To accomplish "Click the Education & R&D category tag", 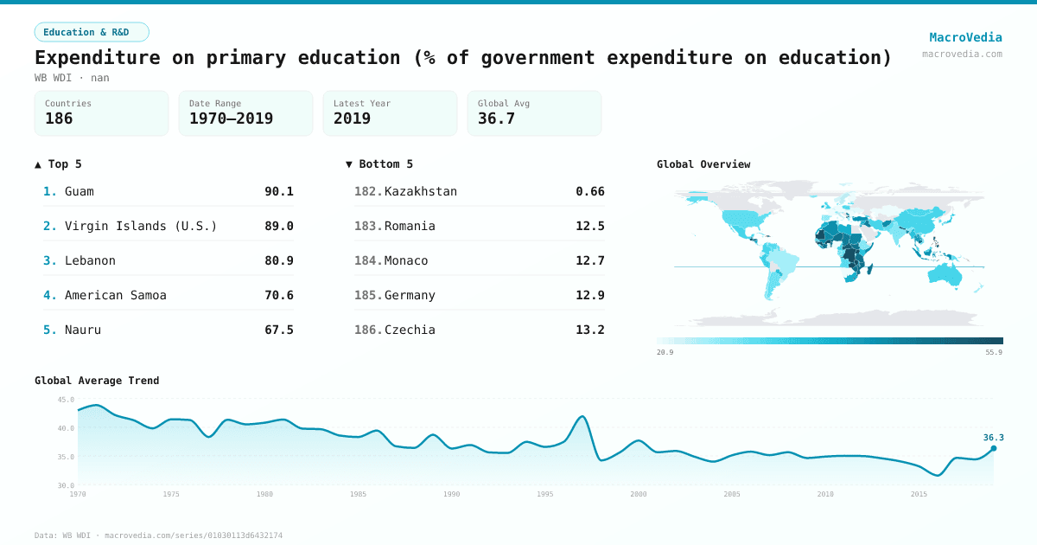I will [92, 32].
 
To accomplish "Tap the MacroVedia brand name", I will [965, 37].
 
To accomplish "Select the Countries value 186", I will [59, 119].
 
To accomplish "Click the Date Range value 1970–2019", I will [231, 119].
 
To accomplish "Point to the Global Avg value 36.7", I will [496, 119].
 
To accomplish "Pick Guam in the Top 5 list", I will [80, 191].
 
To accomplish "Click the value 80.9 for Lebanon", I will [278, 260].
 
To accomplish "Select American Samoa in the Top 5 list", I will [116, 295].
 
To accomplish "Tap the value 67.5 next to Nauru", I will [278, 330].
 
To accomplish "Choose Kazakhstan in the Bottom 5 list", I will [421, 191].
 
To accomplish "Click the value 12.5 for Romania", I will [589, 226].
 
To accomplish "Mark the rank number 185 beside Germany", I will [367, 295].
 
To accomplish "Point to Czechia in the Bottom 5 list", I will [410, 330].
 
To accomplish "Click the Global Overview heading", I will [703, 164].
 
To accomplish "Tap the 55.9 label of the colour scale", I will [994, 352].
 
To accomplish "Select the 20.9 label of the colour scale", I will [665, 352].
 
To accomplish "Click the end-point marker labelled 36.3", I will [993, 448].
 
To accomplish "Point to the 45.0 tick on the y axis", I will [66, 400].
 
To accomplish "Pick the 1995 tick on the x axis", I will [545, 494].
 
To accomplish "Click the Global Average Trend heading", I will [97, 381].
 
